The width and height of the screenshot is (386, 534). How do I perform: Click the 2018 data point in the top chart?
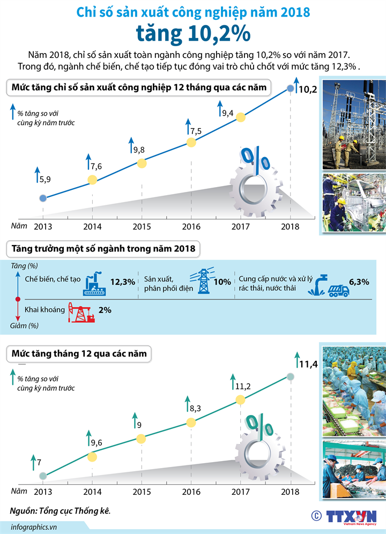pos(291,88)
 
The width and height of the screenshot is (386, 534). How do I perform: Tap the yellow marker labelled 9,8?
pos(142,163)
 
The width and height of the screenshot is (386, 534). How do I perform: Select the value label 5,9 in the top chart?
pos(45,180)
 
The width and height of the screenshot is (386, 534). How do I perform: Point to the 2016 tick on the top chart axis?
pos(191,226)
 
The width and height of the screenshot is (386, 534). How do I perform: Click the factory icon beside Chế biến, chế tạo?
pos(95,284)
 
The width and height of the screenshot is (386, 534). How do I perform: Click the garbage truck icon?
pos(338,290)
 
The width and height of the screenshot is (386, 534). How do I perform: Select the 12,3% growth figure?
pos(122,282)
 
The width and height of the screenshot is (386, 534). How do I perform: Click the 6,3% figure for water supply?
pos(359,282)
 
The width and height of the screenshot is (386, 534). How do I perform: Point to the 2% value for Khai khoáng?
pos(105,310)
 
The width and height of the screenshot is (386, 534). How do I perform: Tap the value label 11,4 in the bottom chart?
pos(308,365)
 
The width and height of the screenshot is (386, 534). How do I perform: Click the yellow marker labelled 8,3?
pos(191,421)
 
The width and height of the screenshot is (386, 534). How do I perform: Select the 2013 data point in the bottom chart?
pos(43,476)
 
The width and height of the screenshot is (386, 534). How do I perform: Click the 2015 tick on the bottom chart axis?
pos(142,492)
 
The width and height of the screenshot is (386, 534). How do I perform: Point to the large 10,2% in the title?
pos(193,33)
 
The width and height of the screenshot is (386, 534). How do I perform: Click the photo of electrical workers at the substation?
pos(353,125)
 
